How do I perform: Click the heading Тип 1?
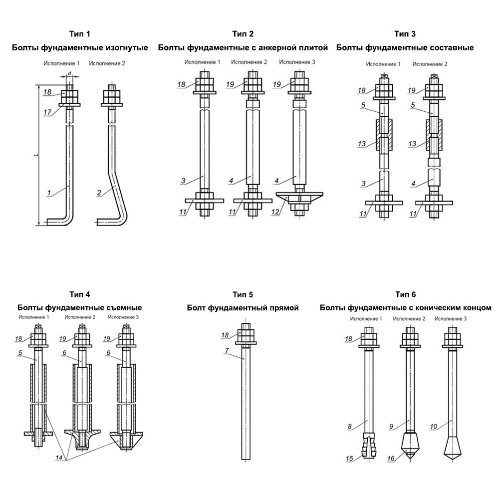[80, 34]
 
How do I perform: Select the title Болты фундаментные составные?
[405, 48]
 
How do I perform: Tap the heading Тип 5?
[243, 294]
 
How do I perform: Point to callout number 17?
[47, 112]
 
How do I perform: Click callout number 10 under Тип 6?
[433, 426]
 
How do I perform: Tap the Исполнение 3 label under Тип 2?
[297, 62]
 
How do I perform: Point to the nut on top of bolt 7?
[246, 333]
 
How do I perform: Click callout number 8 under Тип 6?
[350, 426]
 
